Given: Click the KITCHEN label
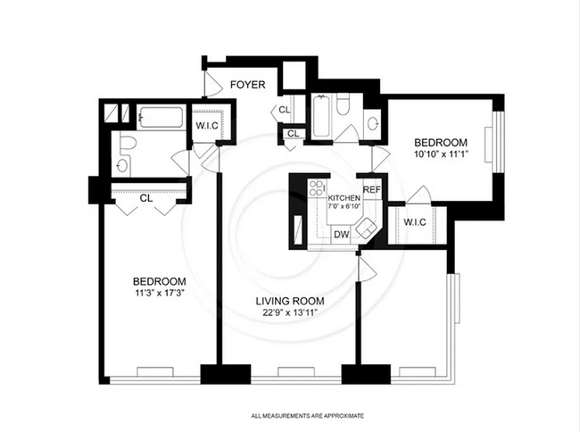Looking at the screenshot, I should (343, 197).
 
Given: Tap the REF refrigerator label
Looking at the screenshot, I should (371, 190).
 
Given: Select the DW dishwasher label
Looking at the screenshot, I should (340, 235).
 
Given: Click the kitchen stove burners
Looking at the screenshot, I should (315, 188).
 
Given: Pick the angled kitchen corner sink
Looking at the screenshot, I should (368, 229).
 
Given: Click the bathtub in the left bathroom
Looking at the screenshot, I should (162, 119).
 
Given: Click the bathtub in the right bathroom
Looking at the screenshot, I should (321, 117).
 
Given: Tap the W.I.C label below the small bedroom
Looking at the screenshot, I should (414, 221).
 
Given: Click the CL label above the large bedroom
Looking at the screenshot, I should (146, 198).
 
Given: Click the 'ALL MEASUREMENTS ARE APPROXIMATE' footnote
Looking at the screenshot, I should (307, 416).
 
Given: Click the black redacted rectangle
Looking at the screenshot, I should (483, 61).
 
